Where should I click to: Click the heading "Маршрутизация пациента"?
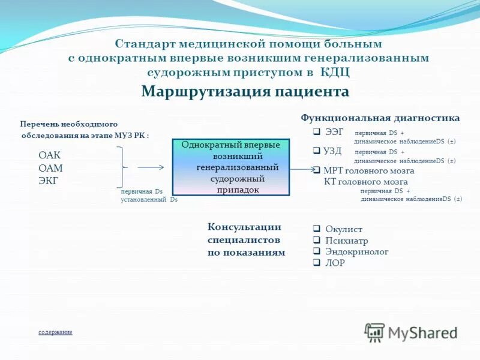click(x=245, y=91)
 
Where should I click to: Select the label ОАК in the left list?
click(x=50, y=155)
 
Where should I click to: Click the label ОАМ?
click(x=50, y=168)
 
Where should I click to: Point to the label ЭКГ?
click(x=49, y=180)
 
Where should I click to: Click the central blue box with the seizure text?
click(x=230, y=167)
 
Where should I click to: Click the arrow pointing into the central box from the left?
click(x=151, y=168)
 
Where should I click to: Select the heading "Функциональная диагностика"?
click(x=380, y=118)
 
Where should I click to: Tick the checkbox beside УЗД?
click(x=317, y=151)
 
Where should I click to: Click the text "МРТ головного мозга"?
click(x=368, y=170)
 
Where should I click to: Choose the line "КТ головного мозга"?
click(x=365, y=181)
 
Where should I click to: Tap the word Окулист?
click(x=344, y=229)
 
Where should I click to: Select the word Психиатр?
click(x=347, y=241)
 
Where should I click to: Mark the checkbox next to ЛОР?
click(x=317, y=263)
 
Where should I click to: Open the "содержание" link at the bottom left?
click(x=55, y=332)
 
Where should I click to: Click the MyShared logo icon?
click(x=375, y=332)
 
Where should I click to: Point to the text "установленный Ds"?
click(x=149, y=199)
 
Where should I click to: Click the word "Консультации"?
click(x=244, y=227)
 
